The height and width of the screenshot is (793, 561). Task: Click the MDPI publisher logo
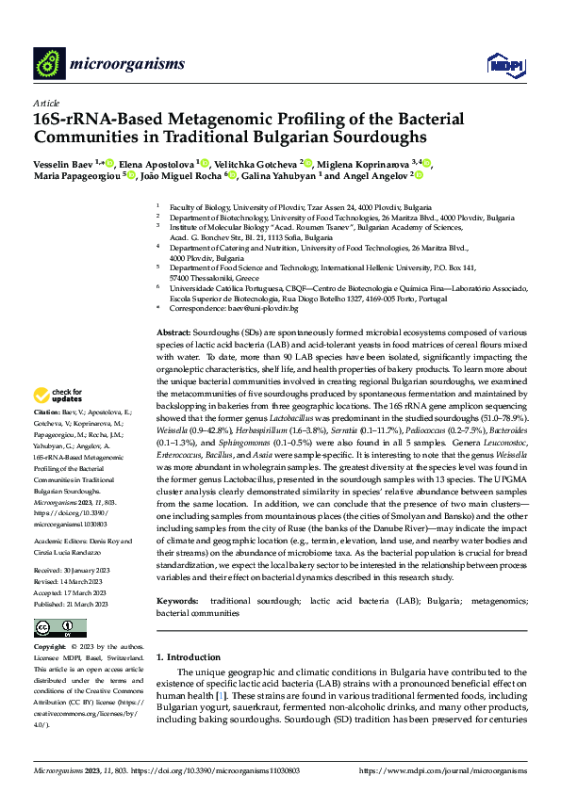[500, 63]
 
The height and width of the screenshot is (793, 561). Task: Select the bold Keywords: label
[177, 573]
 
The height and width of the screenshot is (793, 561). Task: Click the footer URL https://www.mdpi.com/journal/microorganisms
[442, 771]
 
